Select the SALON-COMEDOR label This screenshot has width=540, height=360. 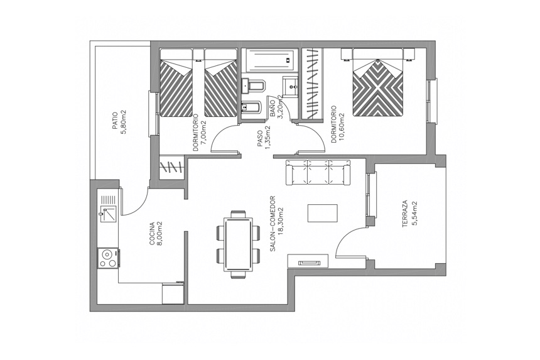point(273,224)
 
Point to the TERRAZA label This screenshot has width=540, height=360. point(405,213)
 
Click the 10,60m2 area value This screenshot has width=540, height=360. point(341,124)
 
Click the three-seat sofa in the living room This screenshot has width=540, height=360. point(318,172)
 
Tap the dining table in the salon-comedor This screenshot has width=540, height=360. point(238,244)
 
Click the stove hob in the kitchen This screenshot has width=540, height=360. point(108,258)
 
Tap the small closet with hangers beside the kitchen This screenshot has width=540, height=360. point(173,168)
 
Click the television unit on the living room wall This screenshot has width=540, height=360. point(308,261)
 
